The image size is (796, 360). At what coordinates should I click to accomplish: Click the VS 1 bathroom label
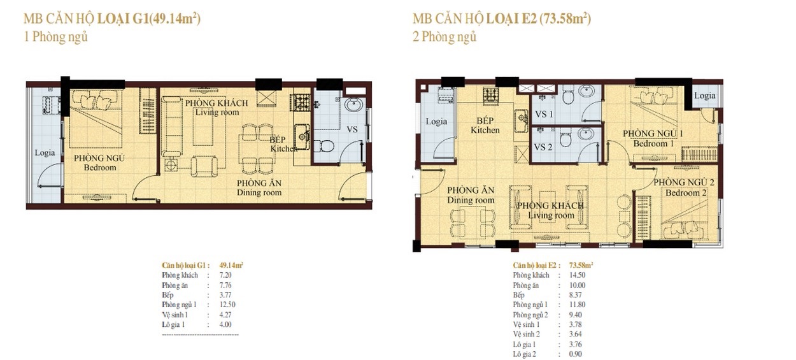pyautogui.click(x=544, y=115)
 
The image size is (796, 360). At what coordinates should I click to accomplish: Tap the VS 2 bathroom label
pyautogui.click(x=543, y=147)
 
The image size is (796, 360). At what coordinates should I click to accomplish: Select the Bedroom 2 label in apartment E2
pyautogui.click(x=686, y=193)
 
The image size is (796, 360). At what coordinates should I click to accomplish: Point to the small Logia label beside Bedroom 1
pyautogui.click(x=705, y=96)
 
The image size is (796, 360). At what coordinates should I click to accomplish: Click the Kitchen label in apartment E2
pyautogui.click(x=485, y=130)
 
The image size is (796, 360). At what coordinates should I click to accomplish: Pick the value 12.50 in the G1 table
pyautogui.click(x=227, y=305)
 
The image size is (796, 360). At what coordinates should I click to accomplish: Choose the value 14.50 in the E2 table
pyautogui.click(x=577, y=275)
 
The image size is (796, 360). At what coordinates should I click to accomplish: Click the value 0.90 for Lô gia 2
pyautogui.click(x=575, y=354)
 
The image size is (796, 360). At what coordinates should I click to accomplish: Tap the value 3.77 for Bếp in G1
pyautogui.click(x=225, y=295)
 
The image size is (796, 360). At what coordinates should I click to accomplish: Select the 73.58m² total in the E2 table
pyautogui.click(x=581, y=265)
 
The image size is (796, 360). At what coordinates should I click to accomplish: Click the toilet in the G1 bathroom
pyautogui.click(x=323, y=146)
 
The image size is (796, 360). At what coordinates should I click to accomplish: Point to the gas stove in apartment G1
pyautogui.click(x=301, y=103)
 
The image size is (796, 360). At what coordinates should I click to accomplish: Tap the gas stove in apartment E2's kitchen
pyautogui.click(x=492, y=96)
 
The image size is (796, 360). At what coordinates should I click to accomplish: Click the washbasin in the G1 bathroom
pyautogui.click(x=354, y=105)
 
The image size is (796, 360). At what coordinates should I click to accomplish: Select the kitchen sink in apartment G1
pyautogui.click(x=302, y=136)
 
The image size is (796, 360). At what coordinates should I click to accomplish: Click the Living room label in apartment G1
pyautogui.click(x=217, y=112)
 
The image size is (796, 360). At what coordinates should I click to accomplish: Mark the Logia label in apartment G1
pyautogui.click(x=45, y=153)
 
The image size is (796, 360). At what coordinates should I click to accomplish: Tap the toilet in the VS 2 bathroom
pyautogui.click(x=565, y=138)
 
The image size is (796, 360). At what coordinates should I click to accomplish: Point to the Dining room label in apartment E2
pyautogui.click(x=471, y=200)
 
